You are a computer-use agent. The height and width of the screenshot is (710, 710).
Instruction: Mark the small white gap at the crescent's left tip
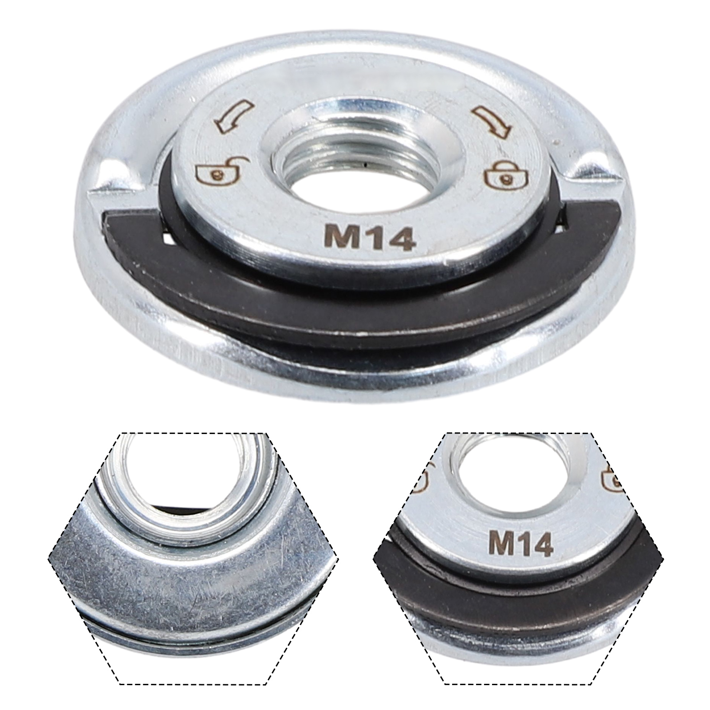coord(168,240)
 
